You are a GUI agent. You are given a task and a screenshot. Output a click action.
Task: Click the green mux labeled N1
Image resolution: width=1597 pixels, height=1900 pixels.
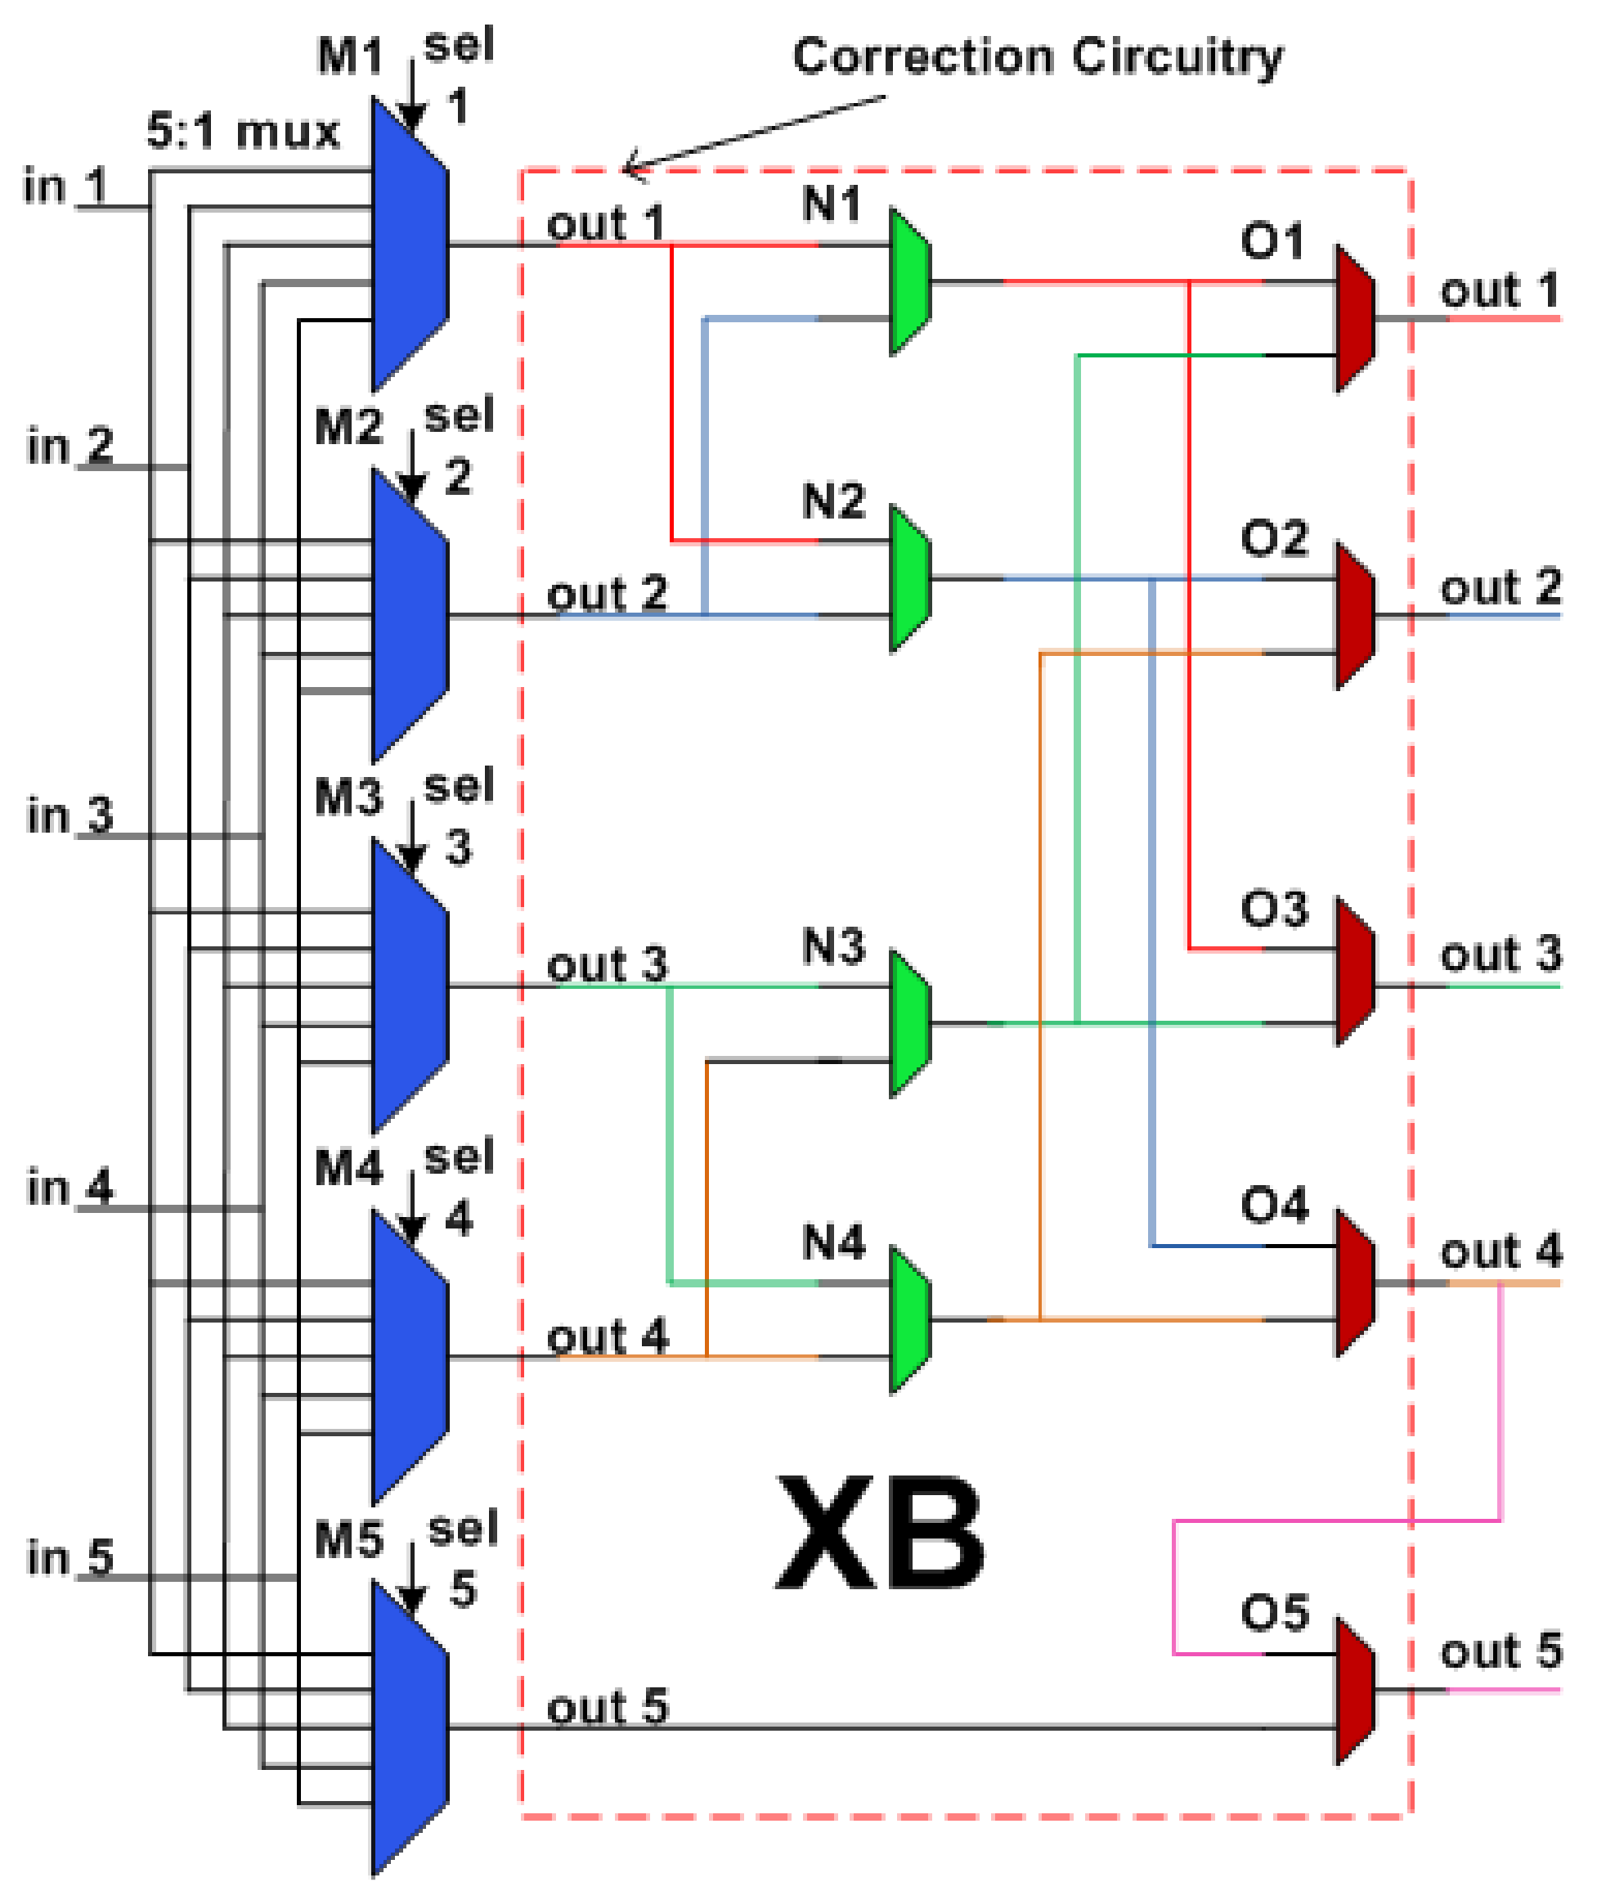click(x=910, y=281)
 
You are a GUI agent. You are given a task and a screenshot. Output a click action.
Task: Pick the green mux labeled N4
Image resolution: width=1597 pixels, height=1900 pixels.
click(x=910, y=1319)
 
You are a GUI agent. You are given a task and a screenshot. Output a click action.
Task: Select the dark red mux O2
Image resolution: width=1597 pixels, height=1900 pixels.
click(x=1355, y=616)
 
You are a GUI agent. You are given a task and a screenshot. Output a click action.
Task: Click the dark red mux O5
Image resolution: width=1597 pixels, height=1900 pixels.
click(x=1355, y=1691)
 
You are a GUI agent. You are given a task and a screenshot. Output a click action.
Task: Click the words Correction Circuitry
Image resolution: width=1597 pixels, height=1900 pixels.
click(x=1038, y=56)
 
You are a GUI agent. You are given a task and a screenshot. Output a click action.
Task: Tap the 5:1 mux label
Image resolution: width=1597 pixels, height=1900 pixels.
click(x=243, y=133)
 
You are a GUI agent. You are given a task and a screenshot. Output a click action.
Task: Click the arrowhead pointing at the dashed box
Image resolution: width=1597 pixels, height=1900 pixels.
click(x=634, y=166)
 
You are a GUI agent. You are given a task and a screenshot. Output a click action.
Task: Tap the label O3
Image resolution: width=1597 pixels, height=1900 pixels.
click(x=1274, y=909)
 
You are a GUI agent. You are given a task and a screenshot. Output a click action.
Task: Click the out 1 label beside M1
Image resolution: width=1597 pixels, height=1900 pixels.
click(x=606, y=222)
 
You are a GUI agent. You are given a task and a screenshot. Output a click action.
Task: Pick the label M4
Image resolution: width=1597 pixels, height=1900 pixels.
click(x=348, y=1167)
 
